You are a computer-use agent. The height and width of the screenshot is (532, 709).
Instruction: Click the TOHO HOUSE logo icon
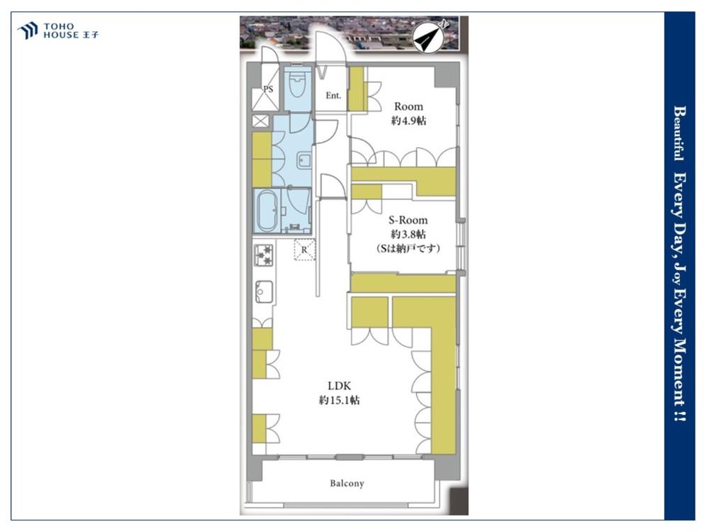(x=27, y=31)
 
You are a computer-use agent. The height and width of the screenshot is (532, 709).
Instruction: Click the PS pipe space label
(x=268, y=89)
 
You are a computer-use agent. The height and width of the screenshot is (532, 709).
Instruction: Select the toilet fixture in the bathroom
(x=297, y=85)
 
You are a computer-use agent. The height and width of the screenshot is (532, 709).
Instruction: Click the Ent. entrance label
(x=333, y=96)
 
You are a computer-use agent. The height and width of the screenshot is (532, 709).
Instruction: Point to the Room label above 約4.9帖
(x=409, y=106)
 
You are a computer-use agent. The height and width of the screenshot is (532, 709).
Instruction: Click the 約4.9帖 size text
(x=409, y=121)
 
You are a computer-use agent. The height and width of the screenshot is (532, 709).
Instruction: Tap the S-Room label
(x=408, y=221)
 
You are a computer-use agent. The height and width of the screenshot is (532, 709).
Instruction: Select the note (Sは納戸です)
(x=408, y=248)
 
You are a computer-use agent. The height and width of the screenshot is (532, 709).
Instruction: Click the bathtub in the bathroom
(x=267, y=211)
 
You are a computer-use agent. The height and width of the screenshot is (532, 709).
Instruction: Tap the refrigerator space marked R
(x=304, y=250)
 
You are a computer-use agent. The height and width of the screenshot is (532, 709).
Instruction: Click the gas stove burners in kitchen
(x=264, y=255)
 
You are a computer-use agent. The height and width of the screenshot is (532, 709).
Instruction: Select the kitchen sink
(x=264, y=292)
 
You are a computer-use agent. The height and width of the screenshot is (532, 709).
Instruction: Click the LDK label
(x=340, y=386)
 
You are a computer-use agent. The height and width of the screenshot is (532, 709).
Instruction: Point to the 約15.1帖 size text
(x=340, y=400)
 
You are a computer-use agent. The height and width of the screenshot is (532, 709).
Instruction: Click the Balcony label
(x=347, y=484)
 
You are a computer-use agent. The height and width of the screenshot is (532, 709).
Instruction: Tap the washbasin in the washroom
(x=304, y=160)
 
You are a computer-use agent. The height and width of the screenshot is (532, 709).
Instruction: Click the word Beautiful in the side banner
(x=679, y=133)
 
